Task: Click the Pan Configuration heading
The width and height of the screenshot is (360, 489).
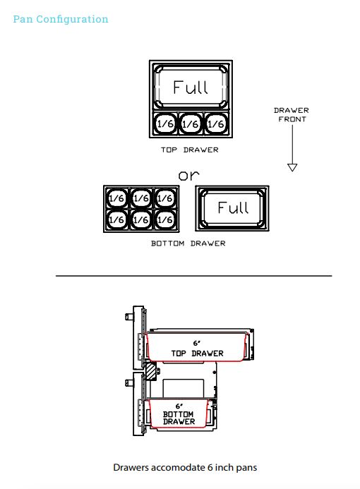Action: [61, 19]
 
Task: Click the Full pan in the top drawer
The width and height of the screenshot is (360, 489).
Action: [191, 87]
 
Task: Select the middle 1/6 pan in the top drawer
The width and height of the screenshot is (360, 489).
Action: [191, 123]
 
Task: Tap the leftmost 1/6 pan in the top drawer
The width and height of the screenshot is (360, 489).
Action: [165, 123]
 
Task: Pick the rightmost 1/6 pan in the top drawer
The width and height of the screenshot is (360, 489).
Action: [216, 123]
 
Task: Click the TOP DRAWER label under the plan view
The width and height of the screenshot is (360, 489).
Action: [190, 150]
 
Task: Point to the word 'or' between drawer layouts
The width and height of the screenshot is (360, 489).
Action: [188, 176]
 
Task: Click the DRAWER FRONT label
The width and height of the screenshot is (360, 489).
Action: [292, 115]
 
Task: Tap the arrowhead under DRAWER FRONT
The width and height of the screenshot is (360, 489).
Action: [292, 167]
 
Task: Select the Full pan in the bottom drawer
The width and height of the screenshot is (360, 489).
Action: [232, 208]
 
